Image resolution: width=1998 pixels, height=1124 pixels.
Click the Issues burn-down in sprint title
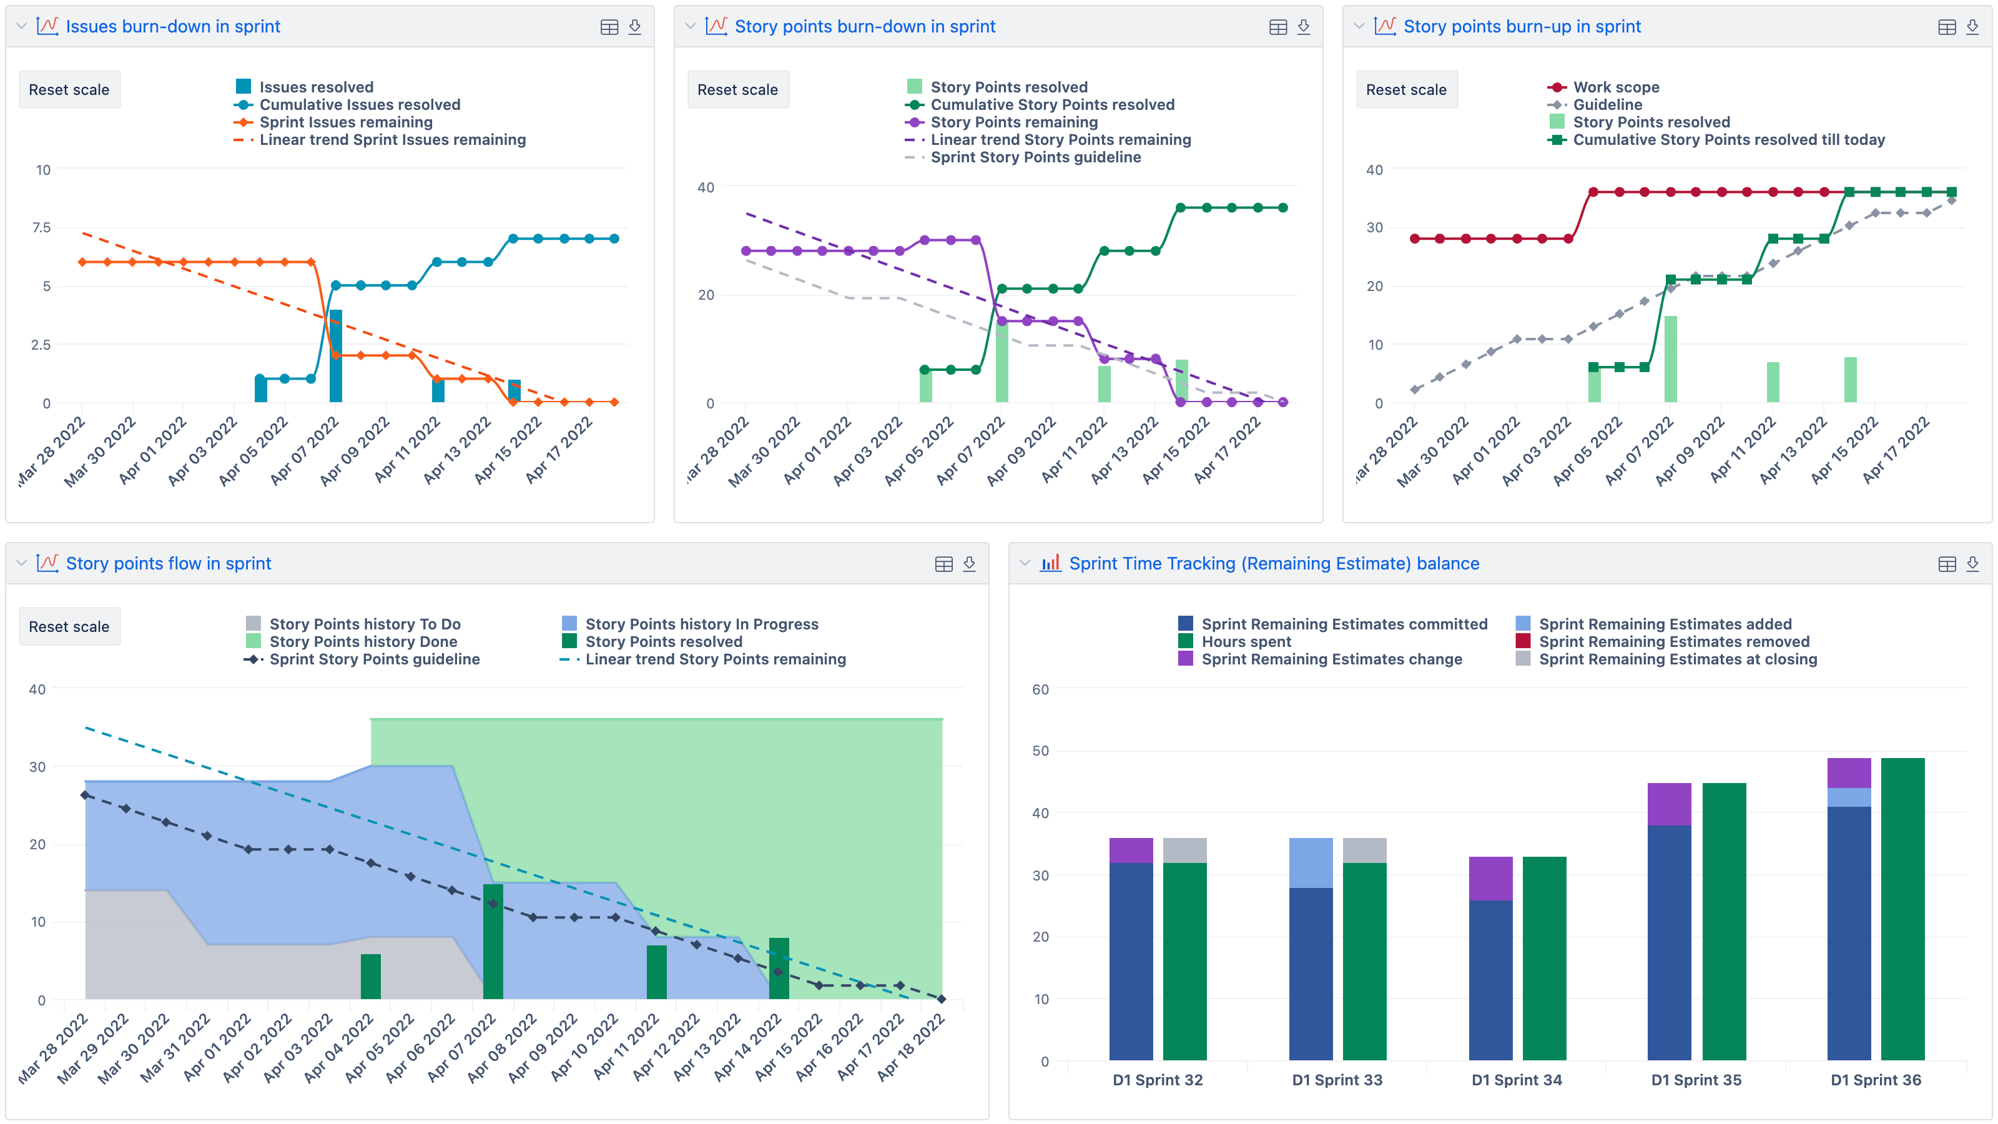172,26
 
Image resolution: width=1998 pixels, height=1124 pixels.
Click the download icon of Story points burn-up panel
1972,27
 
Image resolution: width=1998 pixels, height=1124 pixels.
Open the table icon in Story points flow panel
943,564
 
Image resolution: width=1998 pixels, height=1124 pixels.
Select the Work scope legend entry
1616,87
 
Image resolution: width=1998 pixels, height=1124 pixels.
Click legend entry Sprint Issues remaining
345,122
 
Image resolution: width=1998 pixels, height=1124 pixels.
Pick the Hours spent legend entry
1246,641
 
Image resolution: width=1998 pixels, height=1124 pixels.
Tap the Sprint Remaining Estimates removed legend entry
1673,641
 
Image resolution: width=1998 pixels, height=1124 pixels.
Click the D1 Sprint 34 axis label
1517,1080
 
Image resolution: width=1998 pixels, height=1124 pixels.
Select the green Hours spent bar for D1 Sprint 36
1902,907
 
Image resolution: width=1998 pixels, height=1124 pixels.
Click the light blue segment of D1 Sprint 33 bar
1310,862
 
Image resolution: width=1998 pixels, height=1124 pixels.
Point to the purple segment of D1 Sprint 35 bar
1668,804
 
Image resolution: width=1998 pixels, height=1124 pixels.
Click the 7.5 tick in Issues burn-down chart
41,227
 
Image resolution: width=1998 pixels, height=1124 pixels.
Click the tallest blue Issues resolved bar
336,355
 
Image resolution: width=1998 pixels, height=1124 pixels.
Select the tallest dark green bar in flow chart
493,941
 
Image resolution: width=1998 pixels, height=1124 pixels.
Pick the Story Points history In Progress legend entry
701,624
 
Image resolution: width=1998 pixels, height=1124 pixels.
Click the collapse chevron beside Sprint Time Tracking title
1025,563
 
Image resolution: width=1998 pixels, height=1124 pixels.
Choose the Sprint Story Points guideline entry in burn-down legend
1035,157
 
